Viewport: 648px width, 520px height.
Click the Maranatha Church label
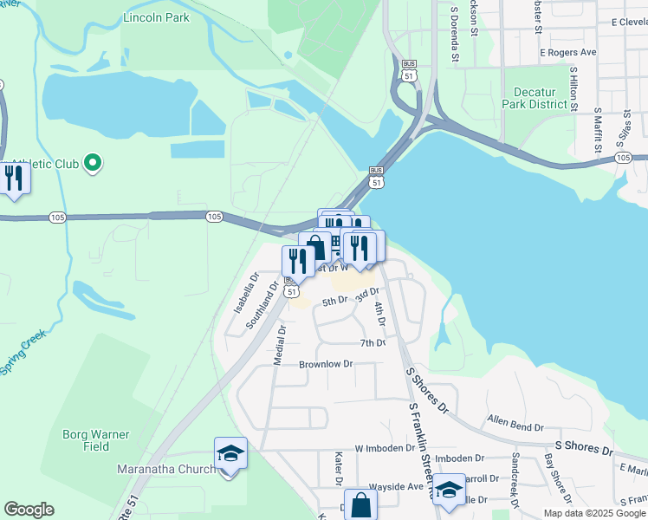[x=165, y=470]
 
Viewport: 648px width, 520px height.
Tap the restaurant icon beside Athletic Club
[x=14, y=179]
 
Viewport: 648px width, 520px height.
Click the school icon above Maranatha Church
[x=230, y=453]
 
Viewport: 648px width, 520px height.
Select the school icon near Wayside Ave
[x=449, y=491]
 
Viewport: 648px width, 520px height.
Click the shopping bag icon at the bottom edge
[x=360, y=505]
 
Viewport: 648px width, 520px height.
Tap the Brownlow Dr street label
[x=326, y=364]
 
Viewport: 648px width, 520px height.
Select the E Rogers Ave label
[x=568, y=53]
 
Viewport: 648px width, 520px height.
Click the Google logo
[x=29, y=510]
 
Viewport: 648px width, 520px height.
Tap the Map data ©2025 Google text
[x=593, y=513]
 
